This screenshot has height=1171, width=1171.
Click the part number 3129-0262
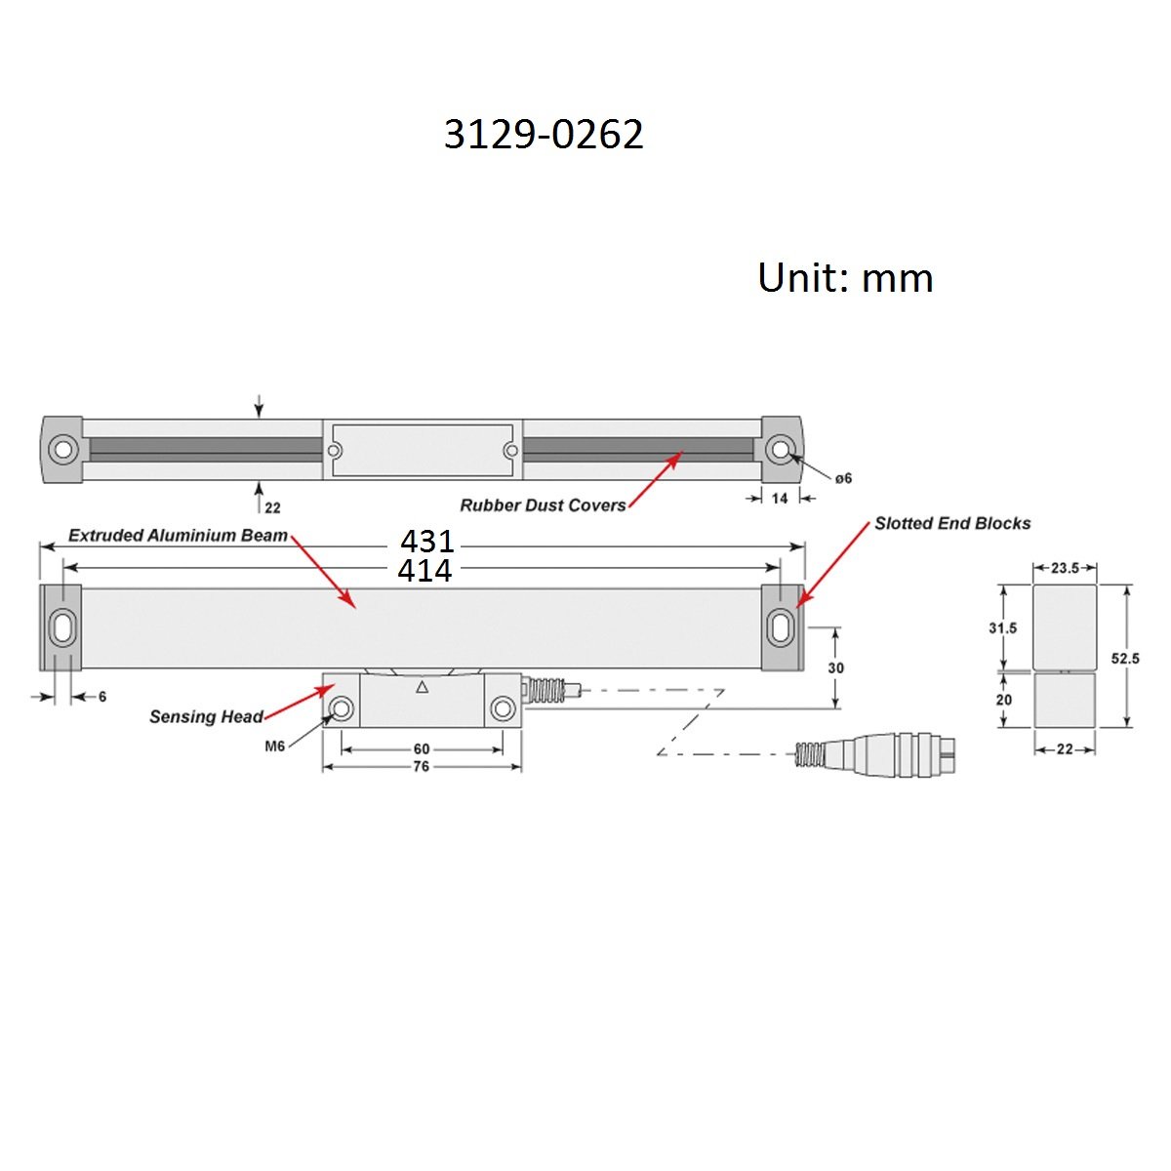coord(544,135)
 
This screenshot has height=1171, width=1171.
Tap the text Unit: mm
coord(845,278)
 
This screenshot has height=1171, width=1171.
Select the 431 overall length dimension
coord(427,541)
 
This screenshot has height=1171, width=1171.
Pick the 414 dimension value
coord(424,570)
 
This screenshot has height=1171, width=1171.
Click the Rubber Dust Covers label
coord(543,505)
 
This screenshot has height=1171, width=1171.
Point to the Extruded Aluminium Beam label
coord(178,536)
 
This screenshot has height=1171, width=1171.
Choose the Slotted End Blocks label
coord(952,523)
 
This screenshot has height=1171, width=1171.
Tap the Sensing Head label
coord(206,716)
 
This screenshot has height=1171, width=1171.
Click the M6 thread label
coord(274,747)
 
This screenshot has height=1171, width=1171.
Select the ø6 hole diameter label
coord(843,479)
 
